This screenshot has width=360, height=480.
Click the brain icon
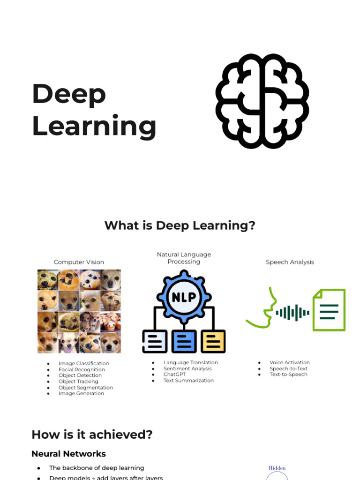coord(262,101)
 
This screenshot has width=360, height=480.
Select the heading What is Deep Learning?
coord(180,225)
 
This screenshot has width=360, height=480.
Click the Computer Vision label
coord(79,262)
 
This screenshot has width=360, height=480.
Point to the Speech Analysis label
coord(290,262)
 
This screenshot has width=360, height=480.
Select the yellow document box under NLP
coord(213,341)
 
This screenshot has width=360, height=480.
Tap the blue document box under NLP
coord(184,341)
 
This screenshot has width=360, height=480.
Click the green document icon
coord(329,310)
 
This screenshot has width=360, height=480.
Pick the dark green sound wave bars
coord(292,313)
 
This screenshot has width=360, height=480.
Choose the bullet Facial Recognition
coord(82,369)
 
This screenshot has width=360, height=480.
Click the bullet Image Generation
coord(81,393)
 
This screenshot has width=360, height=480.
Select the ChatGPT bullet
coord(174,375)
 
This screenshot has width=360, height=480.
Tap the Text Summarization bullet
coord(188,381)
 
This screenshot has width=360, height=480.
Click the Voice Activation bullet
coord(289,362)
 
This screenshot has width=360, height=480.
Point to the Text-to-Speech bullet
coord(288,375)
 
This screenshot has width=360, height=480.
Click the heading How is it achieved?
coord(92,435)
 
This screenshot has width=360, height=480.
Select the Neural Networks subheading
coord(68,454)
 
